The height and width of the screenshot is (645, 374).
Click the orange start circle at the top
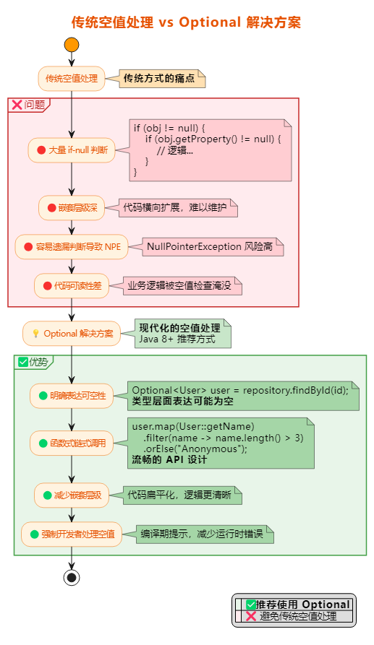71,45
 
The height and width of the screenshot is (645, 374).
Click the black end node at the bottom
71,577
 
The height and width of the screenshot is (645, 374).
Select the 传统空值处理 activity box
71,79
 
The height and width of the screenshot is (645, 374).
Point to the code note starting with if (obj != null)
211,150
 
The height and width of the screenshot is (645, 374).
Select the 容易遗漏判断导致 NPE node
71,246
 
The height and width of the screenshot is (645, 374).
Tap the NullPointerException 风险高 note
210,246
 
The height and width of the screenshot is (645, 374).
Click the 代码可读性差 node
71,285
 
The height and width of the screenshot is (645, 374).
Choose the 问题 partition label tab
29,105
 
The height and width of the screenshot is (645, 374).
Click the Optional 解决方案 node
71,334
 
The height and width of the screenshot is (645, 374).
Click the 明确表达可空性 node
71,396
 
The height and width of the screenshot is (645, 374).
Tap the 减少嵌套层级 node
71,495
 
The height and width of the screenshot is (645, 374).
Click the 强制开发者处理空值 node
71,534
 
